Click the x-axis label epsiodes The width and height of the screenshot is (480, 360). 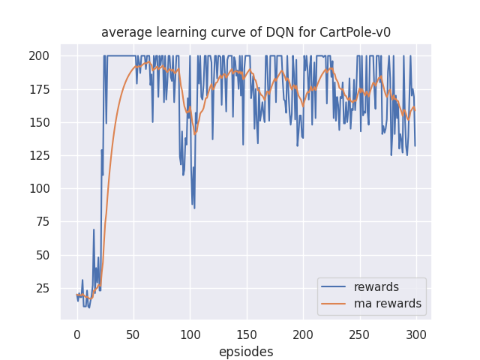[246, 352]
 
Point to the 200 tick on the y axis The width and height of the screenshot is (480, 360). [40, 56]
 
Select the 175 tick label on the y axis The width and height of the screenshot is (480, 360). [40, 89]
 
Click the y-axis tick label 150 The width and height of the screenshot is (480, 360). [40, 122]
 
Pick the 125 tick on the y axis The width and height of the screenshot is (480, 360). [40, 155]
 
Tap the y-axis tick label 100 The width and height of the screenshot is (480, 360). [40, 189]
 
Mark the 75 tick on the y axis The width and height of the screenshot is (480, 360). [43, 222]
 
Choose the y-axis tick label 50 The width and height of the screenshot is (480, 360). [43, 255]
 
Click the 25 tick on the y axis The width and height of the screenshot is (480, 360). [43, 288]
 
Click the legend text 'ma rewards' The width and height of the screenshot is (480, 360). [388, 304]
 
